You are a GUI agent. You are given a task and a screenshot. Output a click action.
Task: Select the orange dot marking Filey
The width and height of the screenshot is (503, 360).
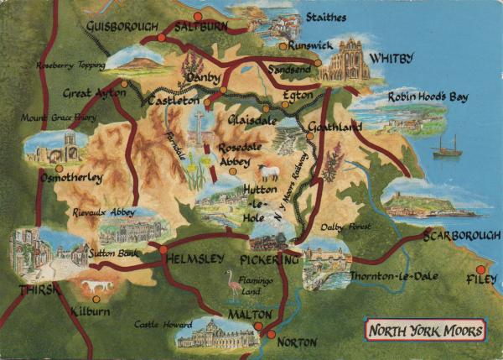coord(480,270)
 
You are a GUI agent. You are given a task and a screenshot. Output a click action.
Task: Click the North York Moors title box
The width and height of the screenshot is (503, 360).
coord(426,330)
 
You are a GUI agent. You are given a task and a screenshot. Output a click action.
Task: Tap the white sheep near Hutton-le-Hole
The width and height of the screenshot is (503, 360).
coord(268,173)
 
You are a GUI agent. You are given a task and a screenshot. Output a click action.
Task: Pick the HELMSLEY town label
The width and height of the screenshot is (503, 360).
coord(195,258)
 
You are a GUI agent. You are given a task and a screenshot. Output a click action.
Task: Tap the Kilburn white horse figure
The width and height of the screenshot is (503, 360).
coord(96,289)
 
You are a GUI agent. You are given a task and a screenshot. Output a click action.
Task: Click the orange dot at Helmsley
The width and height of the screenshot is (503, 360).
coord(163,249)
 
